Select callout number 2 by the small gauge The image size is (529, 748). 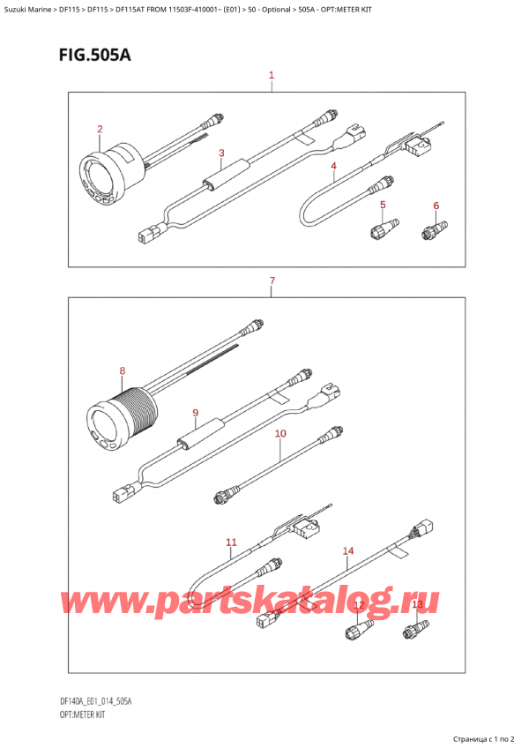[x=101, y=130]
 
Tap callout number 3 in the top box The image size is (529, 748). [x=222, y=153]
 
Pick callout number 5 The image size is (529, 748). [x=383, y=206]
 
